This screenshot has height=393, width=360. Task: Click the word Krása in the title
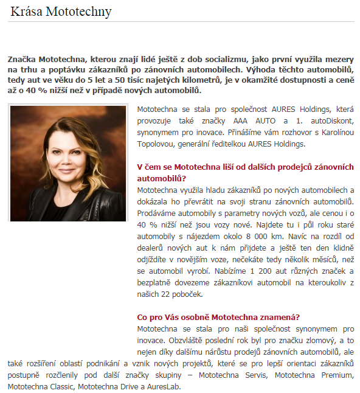coord(25,12)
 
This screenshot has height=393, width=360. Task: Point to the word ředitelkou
coord(223,144)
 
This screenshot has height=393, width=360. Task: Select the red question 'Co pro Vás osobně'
coord(218,317)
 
